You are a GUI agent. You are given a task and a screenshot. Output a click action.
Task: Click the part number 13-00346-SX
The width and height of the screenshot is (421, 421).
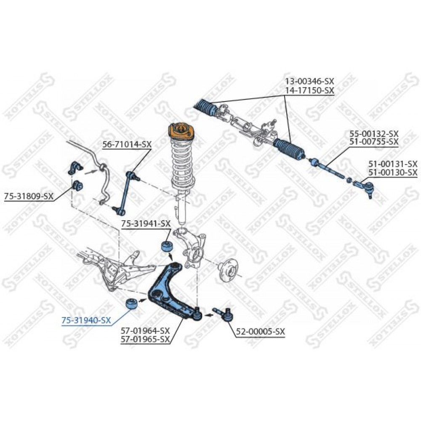pos(309,81)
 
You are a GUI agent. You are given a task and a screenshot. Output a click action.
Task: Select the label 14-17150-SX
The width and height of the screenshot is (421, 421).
pos(309,91)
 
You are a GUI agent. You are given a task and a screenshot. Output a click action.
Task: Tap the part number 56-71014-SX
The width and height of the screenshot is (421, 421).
pos(127,144)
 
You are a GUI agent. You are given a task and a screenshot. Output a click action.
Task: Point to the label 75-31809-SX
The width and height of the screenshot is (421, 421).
pos(29,196)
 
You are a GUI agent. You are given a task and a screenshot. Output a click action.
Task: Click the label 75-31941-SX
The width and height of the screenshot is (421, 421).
pos(146,224)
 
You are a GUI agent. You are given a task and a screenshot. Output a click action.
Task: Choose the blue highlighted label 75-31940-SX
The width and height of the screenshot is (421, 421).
pos(86,320)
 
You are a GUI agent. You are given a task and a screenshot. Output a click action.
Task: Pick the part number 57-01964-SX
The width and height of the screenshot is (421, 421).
pos(145,330)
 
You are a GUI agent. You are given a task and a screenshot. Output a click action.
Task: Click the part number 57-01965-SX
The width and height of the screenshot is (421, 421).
pos(145,339)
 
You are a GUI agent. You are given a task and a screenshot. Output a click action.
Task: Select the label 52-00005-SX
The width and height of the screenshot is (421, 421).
pos(260,332)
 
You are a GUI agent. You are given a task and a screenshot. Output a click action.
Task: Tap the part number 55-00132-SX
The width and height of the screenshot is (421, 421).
pos(374,133)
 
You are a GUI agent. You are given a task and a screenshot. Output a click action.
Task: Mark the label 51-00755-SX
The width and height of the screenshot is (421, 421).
pos(374,142)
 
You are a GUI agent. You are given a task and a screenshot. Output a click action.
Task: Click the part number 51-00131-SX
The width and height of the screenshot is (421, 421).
pos(393,163)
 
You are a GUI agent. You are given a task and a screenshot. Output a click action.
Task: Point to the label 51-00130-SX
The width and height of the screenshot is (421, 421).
pos(393,172)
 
